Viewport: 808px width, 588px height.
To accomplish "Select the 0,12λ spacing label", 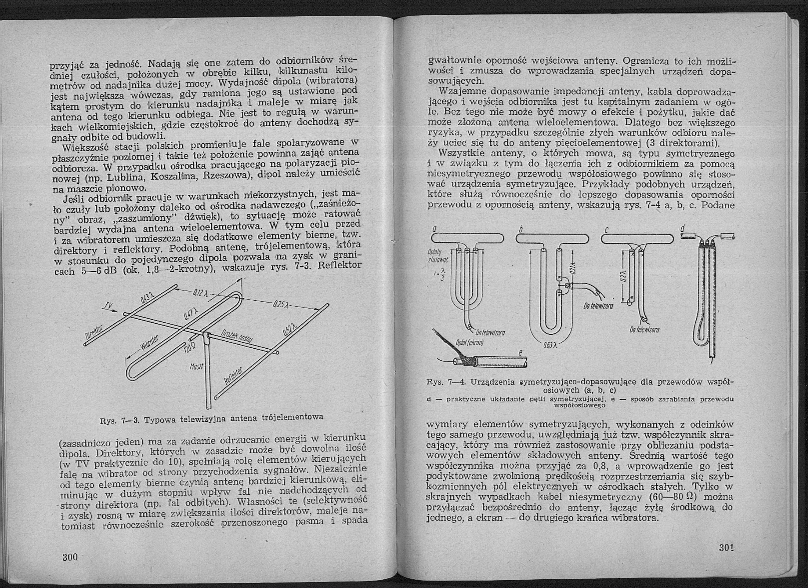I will pos(198,293).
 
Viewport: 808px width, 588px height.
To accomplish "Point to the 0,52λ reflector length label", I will pos(290,328).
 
